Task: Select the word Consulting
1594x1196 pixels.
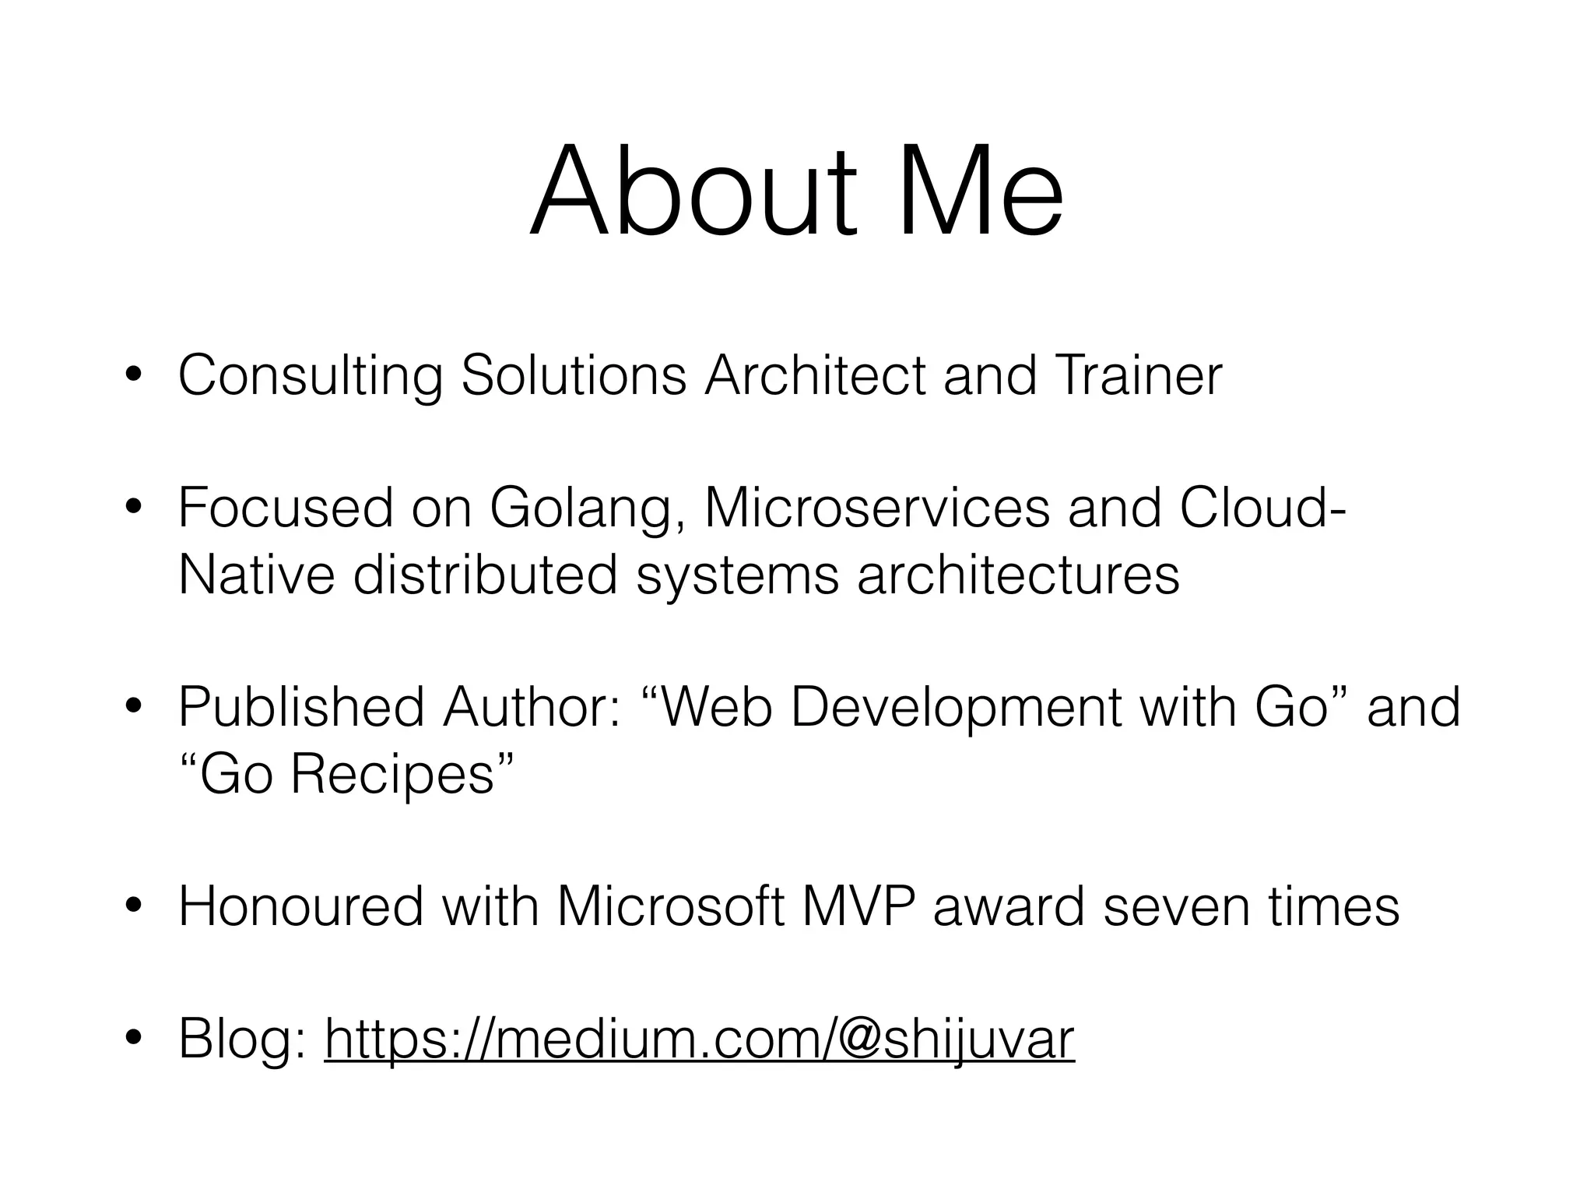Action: [x=311, y=376]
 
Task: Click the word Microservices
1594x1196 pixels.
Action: [x=876, y=508]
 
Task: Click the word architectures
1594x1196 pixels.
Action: [x=1018, y=576]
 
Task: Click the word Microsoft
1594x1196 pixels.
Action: [x=670, y=906]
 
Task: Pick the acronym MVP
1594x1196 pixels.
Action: [x=857, y=906]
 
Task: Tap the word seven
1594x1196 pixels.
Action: [x=1176, y=908]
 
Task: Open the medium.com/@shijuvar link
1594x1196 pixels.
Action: [x=699, y=1039]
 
